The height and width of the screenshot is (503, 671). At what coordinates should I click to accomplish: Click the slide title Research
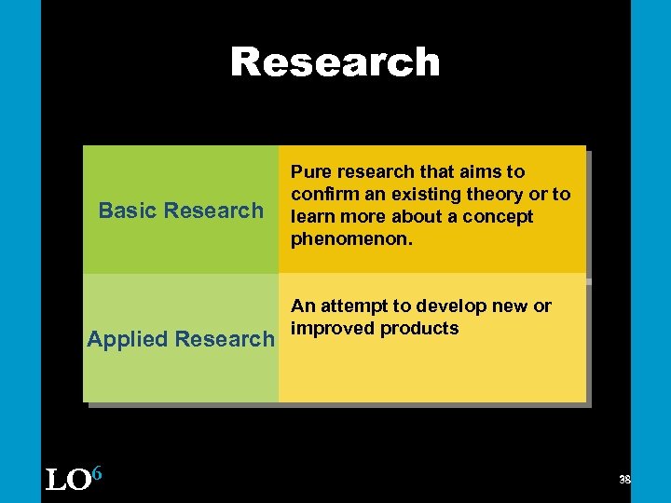335,62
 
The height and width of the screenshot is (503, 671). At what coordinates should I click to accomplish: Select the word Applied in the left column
128,339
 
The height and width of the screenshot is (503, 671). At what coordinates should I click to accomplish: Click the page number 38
624,480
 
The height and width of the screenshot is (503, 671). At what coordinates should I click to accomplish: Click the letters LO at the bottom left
67,480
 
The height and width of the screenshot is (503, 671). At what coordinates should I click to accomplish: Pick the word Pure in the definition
311,172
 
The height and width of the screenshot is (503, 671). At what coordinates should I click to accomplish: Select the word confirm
322,195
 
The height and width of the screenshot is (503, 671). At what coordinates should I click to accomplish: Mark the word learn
313,217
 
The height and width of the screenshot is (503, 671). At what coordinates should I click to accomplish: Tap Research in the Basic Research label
220,211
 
